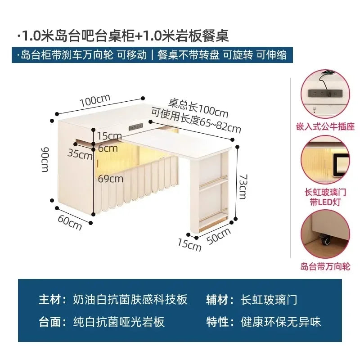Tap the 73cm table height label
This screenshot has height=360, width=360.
tap(243, 187)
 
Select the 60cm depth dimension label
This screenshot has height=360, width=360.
tap(70, 222)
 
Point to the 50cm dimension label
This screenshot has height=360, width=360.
tap(219, 237)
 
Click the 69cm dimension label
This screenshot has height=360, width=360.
tap(110, 179)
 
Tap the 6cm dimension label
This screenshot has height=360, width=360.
tap(108, 148)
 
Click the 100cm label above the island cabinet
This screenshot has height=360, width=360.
tap(95, 100)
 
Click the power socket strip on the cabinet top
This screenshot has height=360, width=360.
tap(136, 126)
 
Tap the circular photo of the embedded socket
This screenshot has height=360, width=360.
tap(325, 94)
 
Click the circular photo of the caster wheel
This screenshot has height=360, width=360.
tap(325, 234)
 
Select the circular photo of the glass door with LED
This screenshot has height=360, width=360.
tap(325, 161)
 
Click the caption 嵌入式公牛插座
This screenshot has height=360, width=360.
tap(325, 126)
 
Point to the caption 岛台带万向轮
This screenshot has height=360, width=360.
tap(325, 266)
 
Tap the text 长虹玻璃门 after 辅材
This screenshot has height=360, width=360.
tap(269, 300)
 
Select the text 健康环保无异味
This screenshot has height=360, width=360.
tap(280, 322)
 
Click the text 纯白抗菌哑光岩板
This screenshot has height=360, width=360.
tap(119, 322)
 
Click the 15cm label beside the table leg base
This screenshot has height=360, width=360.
tap(189, 245)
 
